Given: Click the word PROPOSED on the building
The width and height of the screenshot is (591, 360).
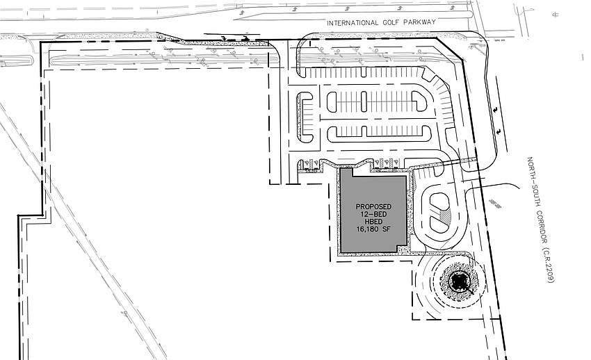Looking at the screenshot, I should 373,207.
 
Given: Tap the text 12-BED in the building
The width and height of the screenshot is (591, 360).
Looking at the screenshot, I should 373,215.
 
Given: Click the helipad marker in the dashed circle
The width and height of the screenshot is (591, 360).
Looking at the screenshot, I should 458,281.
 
